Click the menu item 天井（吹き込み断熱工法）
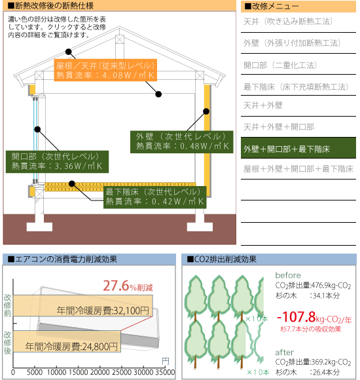pyautogui.click(x=288, y=22)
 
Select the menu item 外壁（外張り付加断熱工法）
pyautogui.click(x=292, y=43)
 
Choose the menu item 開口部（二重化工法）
pyautogui.click(x=280, y=65)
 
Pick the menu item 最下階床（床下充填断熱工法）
pyautogui.click(x=296, y=86)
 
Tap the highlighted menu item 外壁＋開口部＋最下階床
pyautogui.click(x=298, y=148)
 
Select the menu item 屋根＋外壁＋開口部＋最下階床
pyautogui.click(x=298, y=168)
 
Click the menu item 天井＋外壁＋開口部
pyautogui.click(x=279, y=126)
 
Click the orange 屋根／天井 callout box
pyautogui.click(x=105, y=70)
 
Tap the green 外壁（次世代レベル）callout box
pyautogui.click(x=181, y=142)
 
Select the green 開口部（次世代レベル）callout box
pyautogui.click(x=57, y=162)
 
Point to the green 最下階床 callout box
pyautogui.click(x=155, y=197)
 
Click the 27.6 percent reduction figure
pyautogui.click(x=128, y=286)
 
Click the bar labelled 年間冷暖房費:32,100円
pyautogui.click(x=82, y=305)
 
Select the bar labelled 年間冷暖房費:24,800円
pyautogui.click(x=67, y=341)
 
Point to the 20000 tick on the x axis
pyautogui.click(x=99, y=372)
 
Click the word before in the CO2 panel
pyautogui.click(x=288, y=275)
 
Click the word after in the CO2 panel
pyautogui.click(x=284, y=352)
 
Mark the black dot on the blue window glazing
pyautogui.click(x=37, y=130)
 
